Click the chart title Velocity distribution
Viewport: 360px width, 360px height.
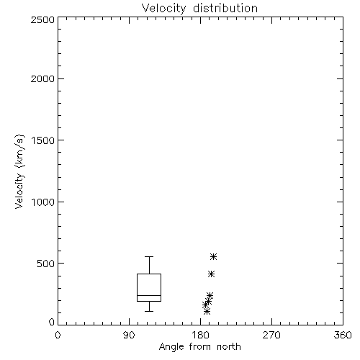pyautogui.click(x=199, y=9)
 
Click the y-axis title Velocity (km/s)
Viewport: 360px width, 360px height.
pyautogui.click(x=19, y=171)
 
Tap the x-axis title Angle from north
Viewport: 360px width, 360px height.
pyautogui.click(x=199, y=347)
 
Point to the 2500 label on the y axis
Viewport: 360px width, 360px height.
pyautogui.click(x=42, y=19)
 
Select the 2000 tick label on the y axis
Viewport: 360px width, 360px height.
pyautogui.click(x=42, y=78)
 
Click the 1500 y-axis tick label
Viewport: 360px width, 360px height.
pyautogui.click(x=43, y=140)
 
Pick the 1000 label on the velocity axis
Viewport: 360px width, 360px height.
pyautogui.click(x=43, y=202)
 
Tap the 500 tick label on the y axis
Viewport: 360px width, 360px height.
pyautogui.click(x=46, y=264)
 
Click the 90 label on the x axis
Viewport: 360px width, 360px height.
pyautogui.click(x=129, y=335)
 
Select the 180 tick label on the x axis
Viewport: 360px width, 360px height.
pyautogui.click(x=199, y=335)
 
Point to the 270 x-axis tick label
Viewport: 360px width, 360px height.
pyautogui.click(x=271, y=335)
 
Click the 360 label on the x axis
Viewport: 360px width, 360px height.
pyautogui.click(x=343, y=335)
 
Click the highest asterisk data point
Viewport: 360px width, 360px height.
pyautogui.click(x=213, y=256)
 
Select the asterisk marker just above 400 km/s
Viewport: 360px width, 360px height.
pyautogui.click(x=211, y=274)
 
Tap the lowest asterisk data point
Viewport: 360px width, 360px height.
pyautogui.click(x=207, y=312)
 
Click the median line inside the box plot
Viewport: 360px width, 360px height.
pyautogui.click(x=149, y=295)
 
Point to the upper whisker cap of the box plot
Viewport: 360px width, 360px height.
pyautogui.click(x=149, y=256)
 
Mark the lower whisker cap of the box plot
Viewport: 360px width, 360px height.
pyautogui.click(x=149, y=311)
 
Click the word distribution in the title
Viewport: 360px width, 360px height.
pyautogui.click(x=225, y=9)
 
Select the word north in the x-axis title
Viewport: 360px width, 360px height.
pyautogui.click(x=229, y=347)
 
